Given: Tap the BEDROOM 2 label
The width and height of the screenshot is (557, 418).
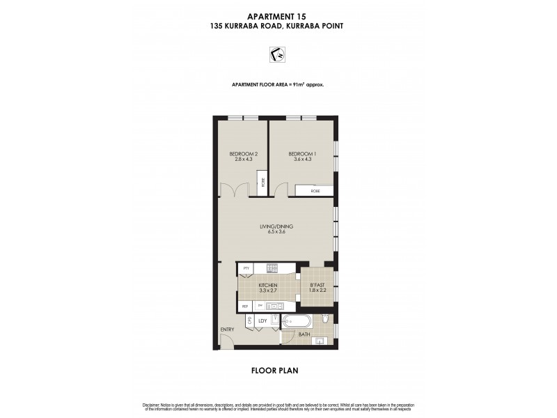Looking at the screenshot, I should pos(244,157).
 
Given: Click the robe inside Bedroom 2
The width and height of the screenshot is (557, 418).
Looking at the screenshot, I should pos(262,183).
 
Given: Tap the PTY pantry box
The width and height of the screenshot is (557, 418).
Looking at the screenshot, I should pos(246,268).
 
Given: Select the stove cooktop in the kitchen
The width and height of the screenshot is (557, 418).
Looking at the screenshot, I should pos(272,268).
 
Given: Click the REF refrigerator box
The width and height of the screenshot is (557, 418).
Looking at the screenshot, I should pos(245,305).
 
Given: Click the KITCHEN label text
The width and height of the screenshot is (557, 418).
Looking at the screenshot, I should pos(268,288).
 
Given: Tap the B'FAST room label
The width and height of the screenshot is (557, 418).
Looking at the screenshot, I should pos(317,288).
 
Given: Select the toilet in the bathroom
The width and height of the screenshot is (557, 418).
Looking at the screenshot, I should pos(325,320).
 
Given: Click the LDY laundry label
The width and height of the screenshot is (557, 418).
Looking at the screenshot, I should pos(262,321).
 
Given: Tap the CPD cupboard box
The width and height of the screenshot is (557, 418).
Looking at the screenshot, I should pos(249,321).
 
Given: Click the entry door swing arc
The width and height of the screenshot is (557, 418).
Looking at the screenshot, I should pos(225,341).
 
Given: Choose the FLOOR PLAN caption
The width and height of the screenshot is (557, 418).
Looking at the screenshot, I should pos(274,371).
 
